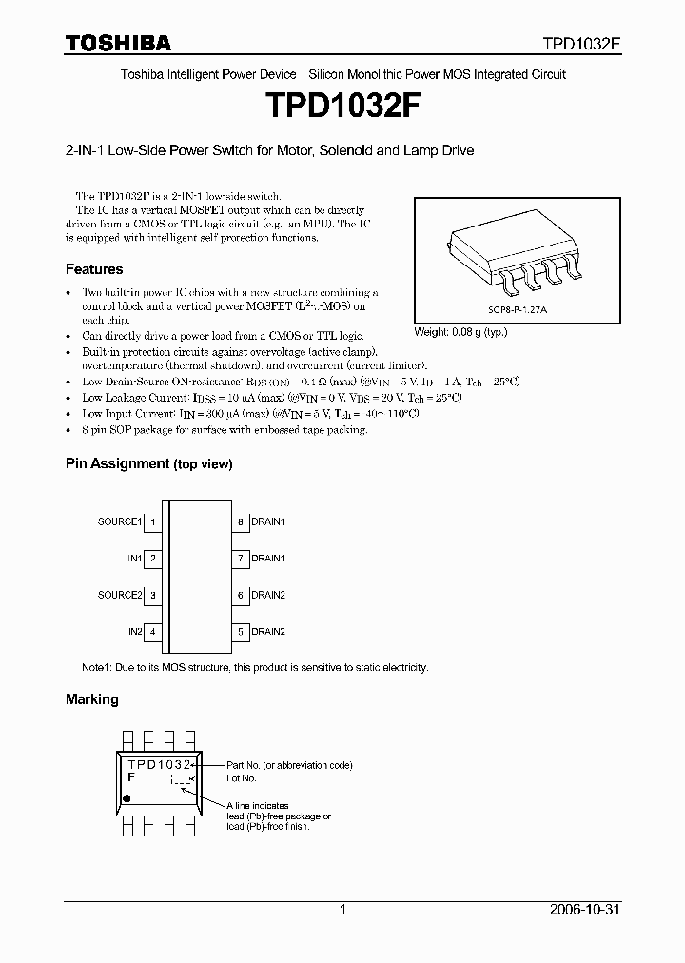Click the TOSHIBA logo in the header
point(118,43)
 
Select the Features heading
point(94,269)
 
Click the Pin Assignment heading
point(148,463)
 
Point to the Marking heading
point(92,699)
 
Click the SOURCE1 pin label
point(120,521)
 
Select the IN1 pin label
point(135,559)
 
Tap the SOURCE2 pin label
point(120,595)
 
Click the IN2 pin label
point(135,632)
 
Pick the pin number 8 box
point(241,521)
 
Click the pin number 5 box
point(241,632)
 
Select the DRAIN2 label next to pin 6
point(268,595)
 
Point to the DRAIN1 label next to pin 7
point(268,559)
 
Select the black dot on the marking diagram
point(130,794)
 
